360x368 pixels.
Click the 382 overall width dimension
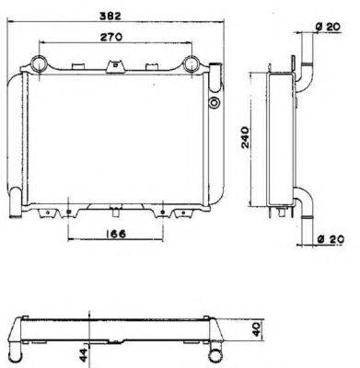click(x=110, y=16)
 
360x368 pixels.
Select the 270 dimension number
click(x=111, y=37)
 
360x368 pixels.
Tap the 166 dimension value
click(x=116, y=234)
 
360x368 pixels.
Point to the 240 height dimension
click(x=246, y=137)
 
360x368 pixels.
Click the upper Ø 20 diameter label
click(x=328, y=27)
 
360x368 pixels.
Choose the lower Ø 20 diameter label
click(x=331, y=239)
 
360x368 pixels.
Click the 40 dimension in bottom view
click(x=257, y=329)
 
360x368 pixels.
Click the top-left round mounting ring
click(x=40, y=64)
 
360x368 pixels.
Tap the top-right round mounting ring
click(x=192, y=64)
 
